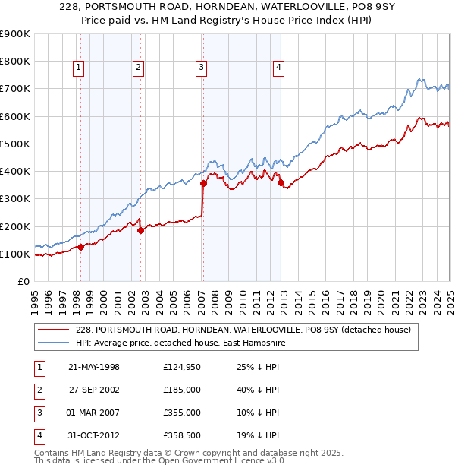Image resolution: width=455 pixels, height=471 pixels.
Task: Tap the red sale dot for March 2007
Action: (203, 183)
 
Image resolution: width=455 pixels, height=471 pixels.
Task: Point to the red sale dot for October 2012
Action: (281, 182)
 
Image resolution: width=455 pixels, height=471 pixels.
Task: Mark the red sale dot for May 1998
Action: (81, 247)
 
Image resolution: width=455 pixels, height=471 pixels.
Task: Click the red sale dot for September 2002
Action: (141, 230)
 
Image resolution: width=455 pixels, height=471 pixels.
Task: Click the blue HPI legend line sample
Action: (55, 343)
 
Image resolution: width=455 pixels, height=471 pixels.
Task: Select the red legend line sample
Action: (55, 330)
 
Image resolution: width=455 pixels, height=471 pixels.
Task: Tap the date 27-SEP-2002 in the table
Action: (94, 390)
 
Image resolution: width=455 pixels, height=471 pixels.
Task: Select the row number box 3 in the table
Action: (39, 413)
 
